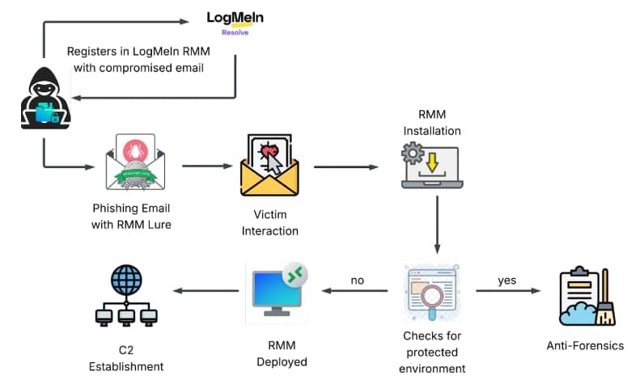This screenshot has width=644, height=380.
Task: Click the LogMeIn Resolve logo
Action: [x=235, y=23]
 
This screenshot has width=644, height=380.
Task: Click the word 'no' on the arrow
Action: [x=357, y=281]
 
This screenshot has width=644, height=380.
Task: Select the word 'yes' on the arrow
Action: [x=506, y=281]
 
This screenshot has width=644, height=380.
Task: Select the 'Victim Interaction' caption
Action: [x=271, y=222]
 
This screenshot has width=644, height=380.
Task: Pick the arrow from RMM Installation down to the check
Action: [x=437, y=222]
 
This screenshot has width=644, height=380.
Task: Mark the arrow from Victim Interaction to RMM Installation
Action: [x=345, y=168]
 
